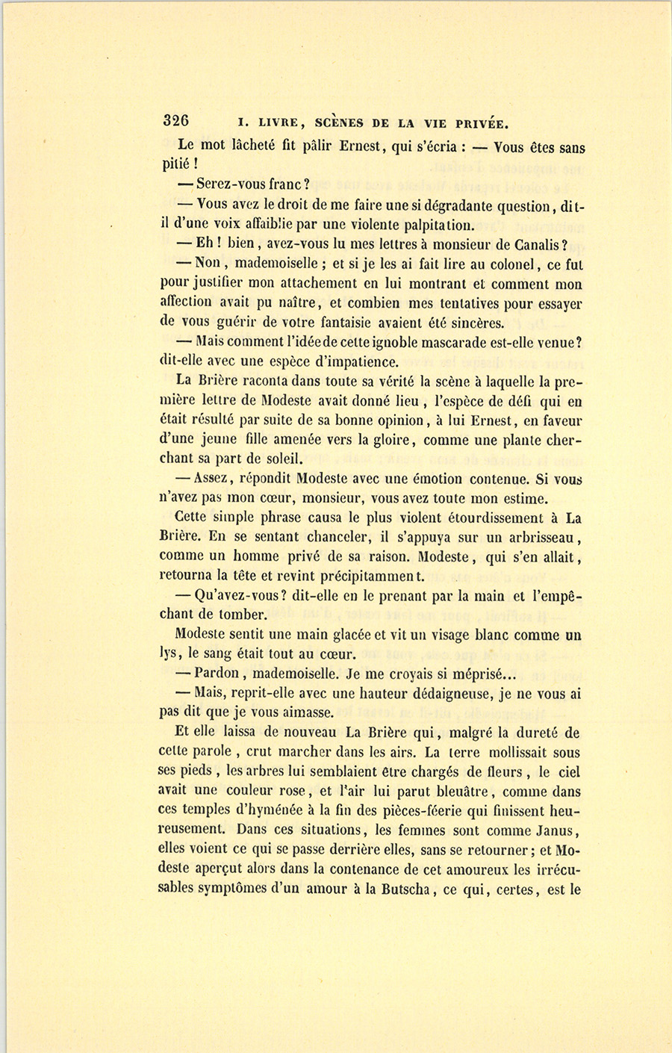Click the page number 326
point(176,122)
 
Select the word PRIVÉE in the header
point(477,124)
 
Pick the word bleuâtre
point(463,792)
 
